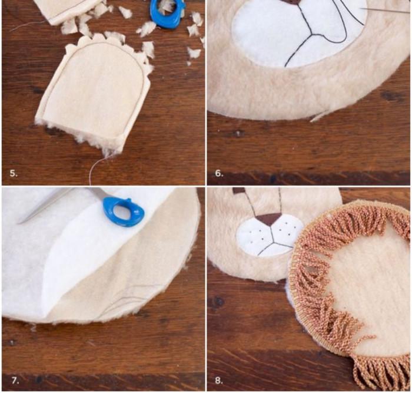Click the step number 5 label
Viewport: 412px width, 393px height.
(x=14, y=174)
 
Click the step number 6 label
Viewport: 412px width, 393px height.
(x=219, y=174)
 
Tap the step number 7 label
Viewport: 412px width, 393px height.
(x=15, y=381)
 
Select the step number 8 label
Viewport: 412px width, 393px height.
(x=218, y=381)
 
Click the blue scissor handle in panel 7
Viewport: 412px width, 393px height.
(x=124, y=210)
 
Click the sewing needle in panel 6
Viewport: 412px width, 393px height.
(x=384, y=10)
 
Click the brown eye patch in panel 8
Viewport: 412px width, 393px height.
(x=238, y=191)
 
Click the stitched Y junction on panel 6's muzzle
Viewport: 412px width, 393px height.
(x=311, y=34)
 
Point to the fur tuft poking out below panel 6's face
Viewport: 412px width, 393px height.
(x=318, y=116)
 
